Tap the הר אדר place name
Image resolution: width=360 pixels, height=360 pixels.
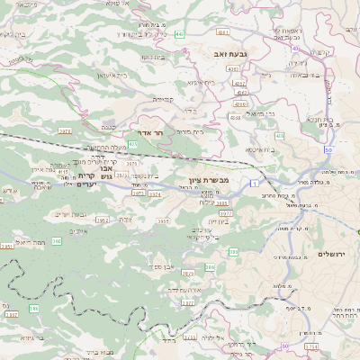click(x=151, y=131)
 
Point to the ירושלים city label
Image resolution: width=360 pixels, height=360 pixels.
click(x=334, y=255)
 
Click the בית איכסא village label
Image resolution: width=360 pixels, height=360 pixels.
click(x=260, y=148)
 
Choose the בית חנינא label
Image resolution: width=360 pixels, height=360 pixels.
click(x=323, y=119)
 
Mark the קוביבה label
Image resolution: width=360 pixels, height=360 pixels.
click(x=162, y=99)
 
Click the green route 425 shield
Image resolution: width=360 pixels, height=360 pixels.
click(x=132, y=144)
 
